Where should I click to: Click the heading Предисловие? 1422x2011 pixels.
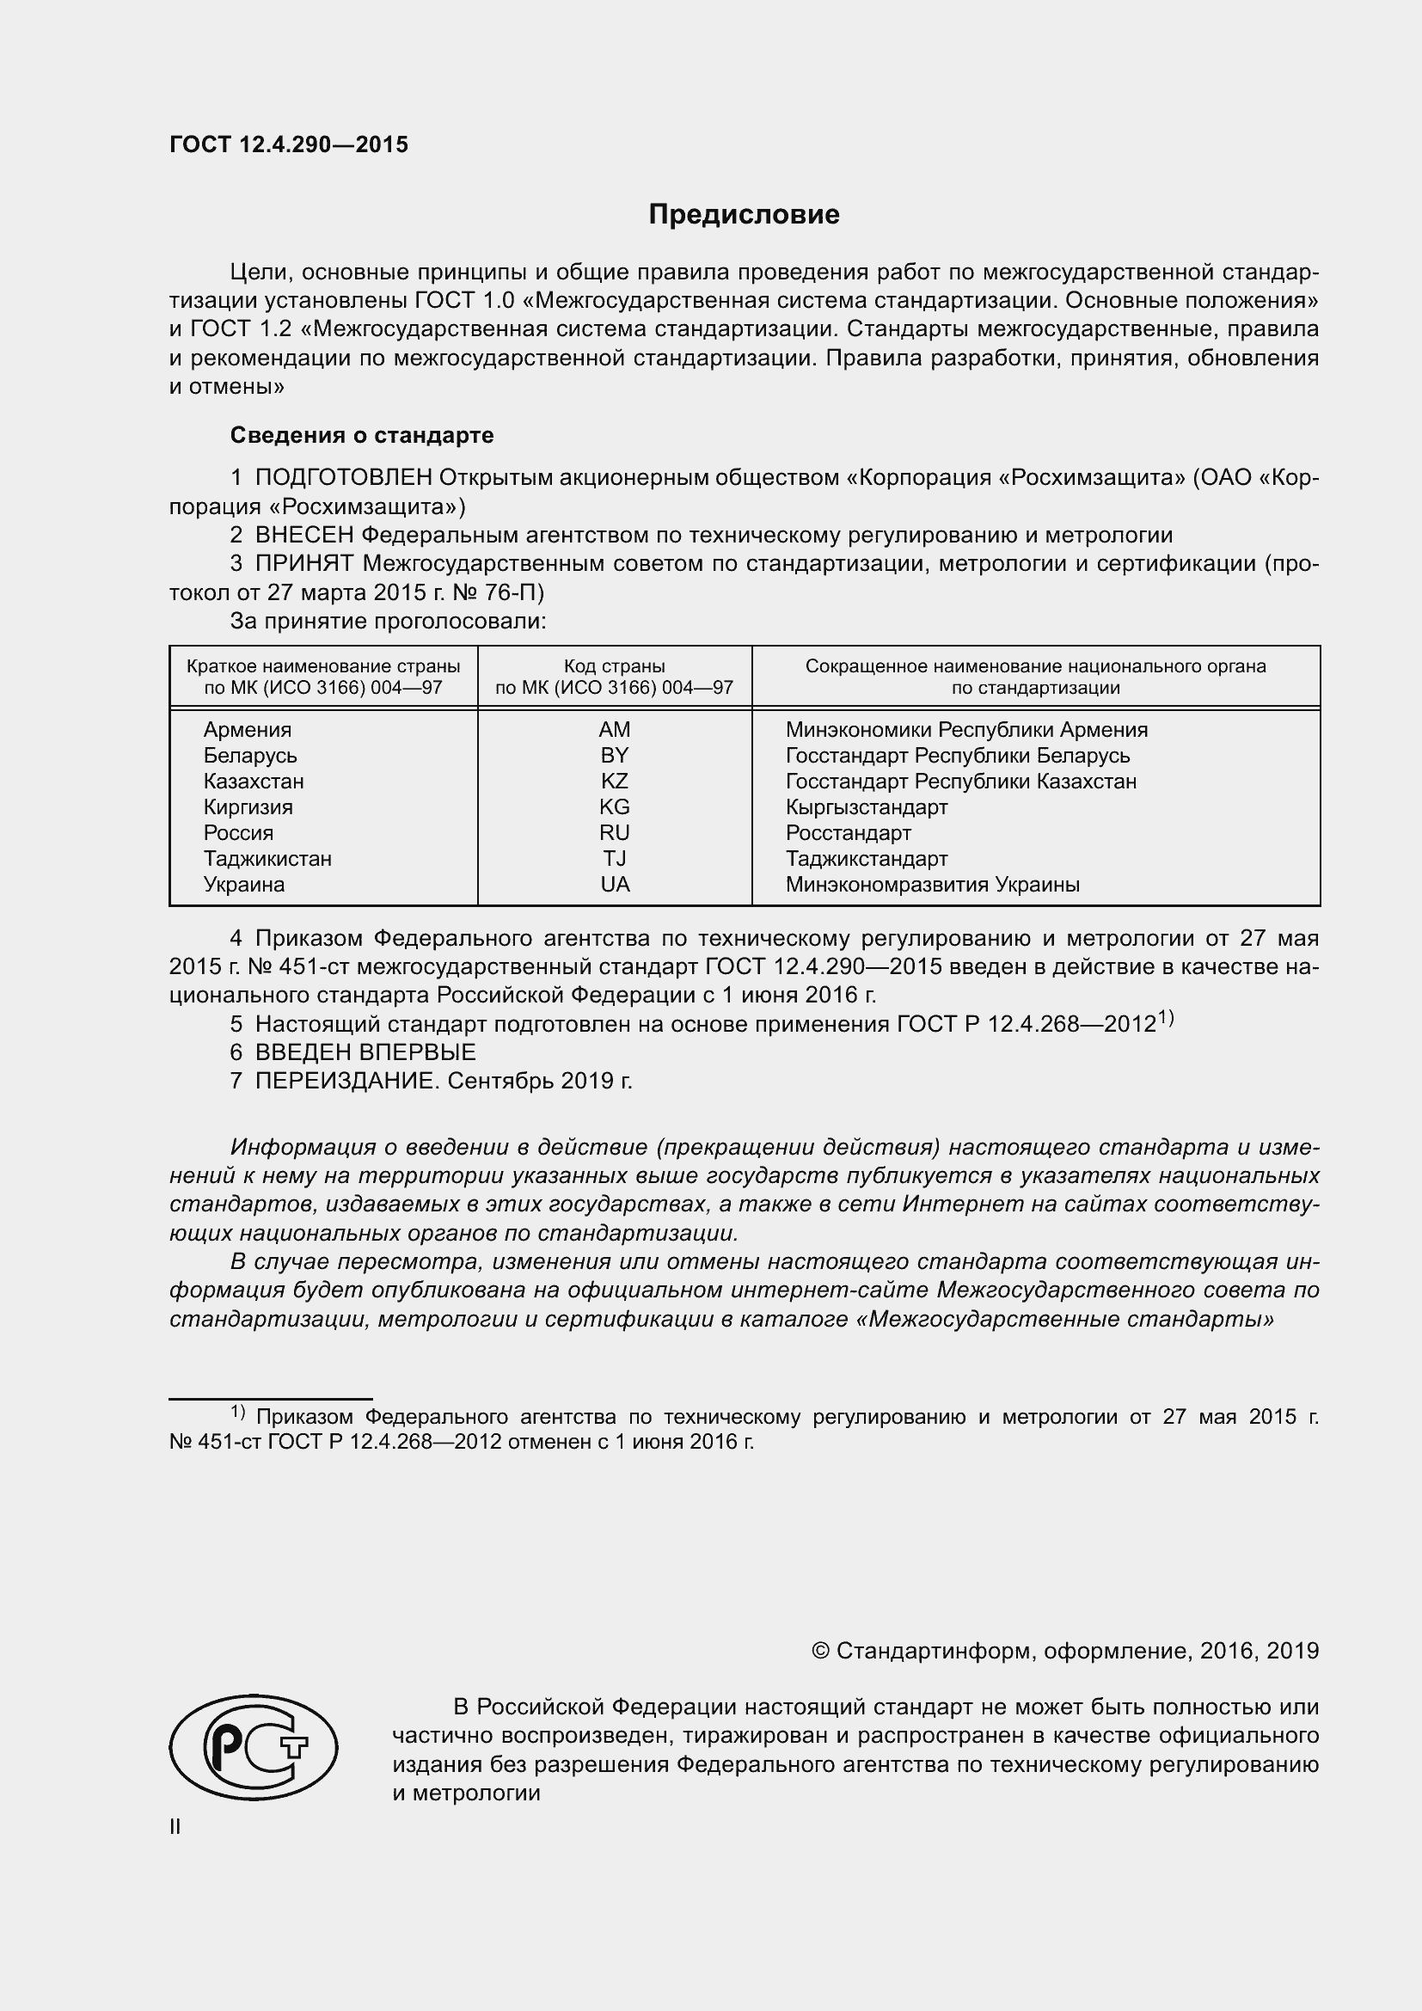(x=744, y=215)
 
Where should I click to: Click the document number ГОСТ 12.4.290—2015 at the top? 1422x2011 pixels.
(x=288, y=145)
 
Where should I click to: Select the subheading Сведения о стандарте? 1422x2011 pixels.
(x=362, y=435)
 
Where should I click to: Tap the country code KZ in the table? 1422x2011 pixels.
(x=615, y=782)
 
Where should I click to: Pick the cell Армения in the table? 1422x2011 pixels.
(x=247, y=730)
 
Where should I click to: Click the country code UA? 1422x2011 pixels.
(x=615, y=885)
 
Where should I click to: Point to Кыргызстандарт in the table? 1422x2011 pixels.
(x=866, y=806)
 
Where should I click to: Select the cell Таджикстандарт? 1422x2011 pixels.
(x=866, y=858)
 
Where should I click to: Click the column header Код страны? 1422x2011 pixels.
(x=614, y=666)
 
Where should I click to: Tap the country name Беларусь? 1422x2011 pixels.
(x=249, y=756)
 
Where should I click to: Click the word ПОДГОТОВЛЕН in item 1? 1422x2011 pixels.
(x=343, y=477)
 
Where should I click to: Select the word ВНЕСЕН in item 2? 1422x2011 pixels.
(x=304, y=535)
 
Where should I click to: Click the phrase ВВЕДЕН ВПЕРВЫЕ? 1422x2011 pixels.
(x=365, y=1051)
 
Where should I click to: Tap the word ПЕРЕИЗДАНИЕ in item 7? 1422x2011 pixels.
(x=346, y=1081)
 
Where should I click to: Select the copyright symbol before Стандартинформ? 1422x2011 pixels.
(x=820, y=1651)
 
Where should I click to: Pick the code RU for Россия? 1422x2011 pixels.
(x=615, y=833)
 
